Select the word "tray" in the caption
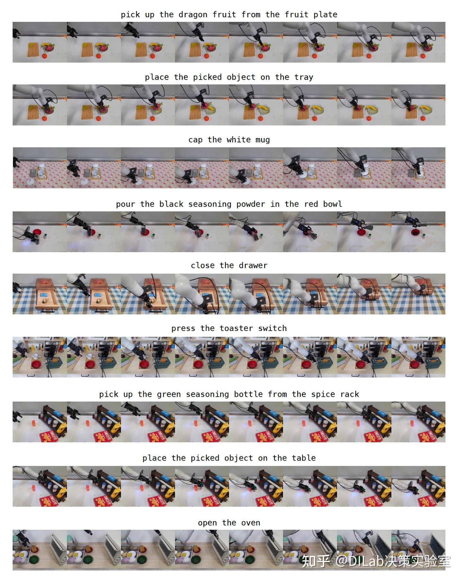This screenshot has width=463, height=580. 304,77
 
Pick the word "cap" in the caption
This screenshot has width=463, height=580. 195,140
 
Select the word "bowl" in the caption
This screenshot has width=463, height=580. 332,204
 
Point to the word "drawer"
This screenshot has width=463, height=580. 253,265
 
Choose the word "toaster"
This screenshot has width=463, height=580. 236,328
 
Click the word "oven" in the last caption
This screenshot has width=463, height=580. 250,523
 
